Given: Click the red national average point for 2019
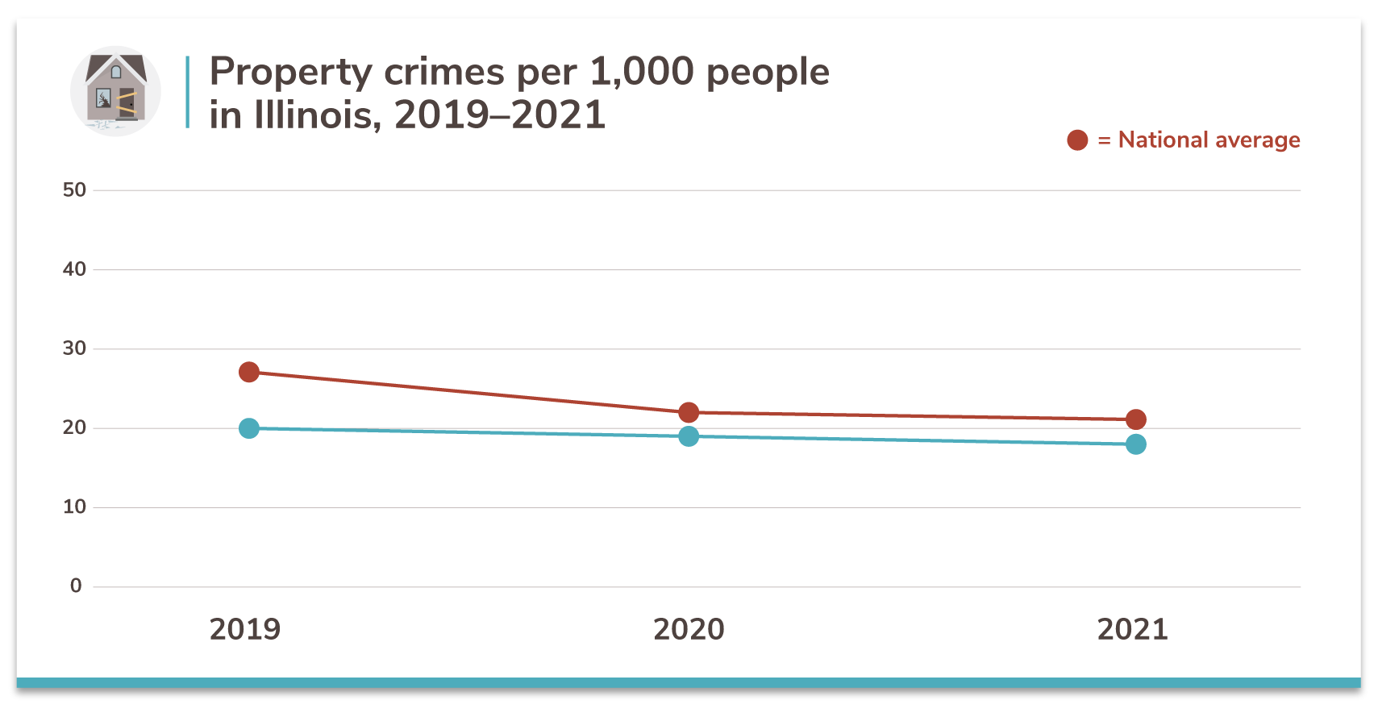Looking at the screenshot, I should (x=249, y=372).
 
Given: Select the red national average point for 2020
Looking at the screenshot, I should (x=689, y=412).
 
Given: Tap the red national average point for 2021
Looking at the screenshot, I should (x=1135, y=419).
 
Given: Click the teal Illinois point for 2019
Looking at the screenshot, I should (x=249, y=428).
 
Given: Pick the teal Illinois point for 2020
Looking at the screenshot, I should (x=689, y=436).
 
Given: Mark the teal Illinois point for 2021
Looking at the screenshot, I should (x=1135, y=444).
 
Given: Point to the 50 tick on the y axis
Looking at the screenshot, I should (x=74, y=190).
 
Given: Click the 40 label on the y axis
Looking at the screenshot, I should (x=74, y=269).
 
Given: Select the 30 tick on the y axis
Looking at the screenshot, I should (x=74, y=348).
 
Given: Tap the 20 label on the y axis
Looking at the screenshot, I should (x=74, y=427).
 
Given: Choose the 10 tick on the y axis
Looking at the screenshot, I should (x=74, y=507).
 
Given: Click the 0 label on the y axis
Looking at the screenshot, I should (x=76, y=586).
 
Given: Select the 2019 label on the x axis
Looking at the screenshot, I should (x=245, y=629).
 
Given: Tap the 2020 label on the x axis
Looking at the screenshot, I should (x=689, y=629).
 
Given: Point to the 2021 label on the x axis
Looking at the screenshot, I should (x=1132, y=629).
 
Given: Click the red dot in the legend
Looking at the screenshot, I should (x=1077, y=140).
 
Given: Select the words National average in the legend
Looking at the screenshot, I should (x=1209, y=140).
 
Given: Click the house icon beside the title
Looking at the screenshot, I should (x=115, y=90).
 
